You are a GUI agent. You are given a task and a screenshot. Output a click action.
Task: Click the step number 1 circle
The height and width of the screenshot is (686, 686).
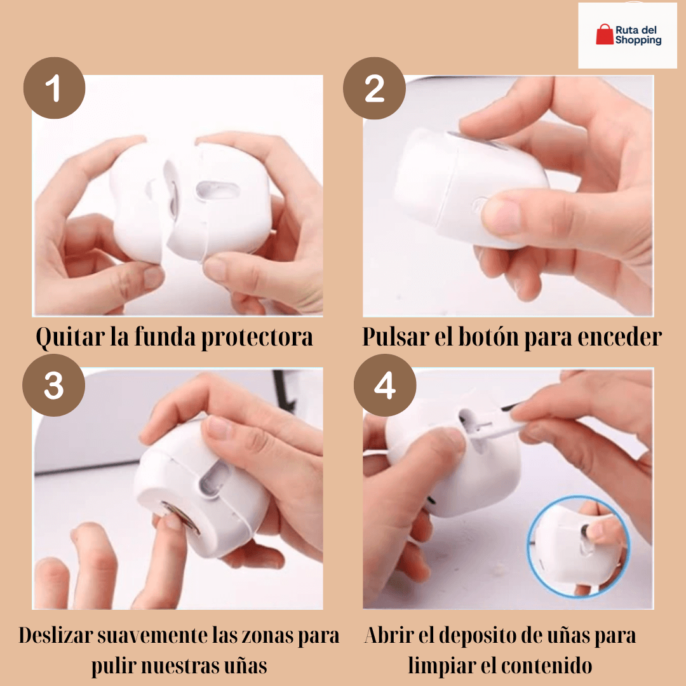[x=54, y=88]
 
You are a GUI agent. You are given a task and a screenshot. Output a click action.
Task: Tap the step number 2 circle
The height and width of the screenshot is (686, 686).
[x=374, y=88]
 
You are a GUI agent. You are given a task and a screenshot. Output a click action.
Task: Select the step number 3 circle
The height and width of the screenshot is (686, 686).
[x=53, y=386]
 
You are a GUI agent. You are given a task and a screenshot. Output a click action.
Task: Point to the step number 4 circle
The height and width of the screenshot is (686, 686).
[x=384, y=386]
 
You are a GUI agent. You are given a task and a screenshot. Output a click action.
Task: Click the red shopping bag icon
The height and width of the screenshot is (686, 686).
[x=604, y=35]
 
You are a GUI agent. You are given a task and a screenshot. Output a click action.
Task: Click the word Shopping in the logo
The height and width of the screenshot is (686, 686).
[x=638, y=40]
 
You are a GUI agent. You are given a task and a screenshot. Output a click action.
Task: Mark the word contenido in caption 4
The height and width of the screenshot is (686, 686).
[x=546, y=666]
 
